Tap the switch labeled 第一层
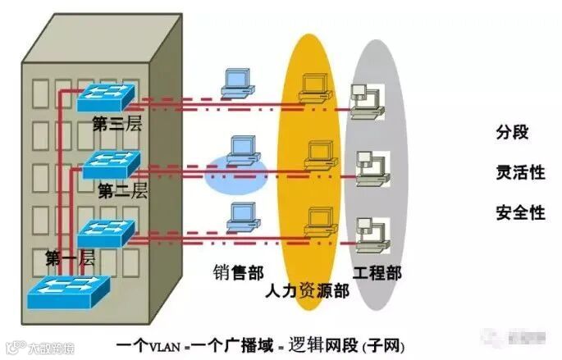click(x=107, y=230)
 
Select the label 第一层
click(x=71, y=259)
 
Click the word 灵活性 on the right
click(x=521, y=172)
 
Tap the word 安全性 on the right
click(x=521, y=213)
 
